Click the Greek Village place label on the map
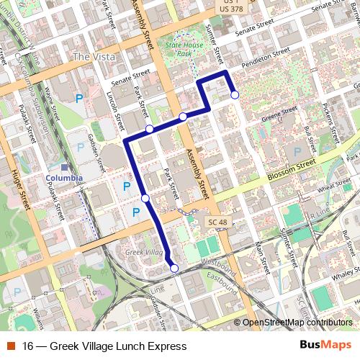(x=143, y=253)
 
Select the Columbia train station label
(x=64, y=178)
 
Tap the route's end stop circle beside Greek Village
(x=174, y=269)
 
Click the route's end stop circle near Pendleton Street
(x=235, y=94)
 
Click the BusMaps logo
(x=326, y=346)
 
